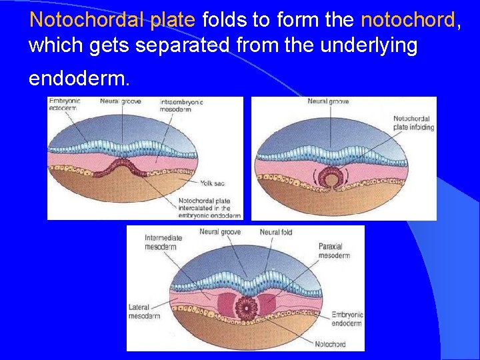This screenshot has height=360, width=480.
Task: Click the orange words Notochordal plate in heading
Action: click(112, 19)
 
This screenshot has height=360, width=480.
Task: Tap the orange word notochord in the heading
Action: click(407, 19)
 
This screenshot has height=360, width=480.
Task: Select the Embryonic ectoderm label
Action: click(63, 105)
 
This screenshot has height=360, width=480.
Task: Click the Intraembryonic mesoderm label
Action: click(181, 105)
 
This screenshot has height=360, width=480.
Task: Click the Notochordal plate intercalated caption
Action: click(209, 208)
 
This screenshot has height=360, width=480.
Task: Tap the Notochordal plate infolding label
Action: click(413, 123)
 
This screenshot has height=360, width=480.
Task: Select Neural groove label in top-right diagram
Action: click(328, 101)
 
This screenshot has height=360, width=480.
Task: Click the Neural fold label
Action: click(276, 232)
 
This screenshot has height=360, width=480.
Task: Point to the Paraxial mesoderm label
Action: click(334, 251)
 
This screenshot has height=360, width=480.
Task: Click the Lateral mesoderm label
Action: click(143, 311)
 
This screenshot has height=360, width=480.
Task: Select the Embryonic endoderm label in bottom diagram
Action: click(347, 318)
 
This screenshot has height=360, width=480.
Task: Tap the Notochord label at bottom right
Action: click(331, 344)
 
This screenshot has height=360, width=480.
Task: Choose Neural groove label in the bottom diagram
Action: click(220, 232)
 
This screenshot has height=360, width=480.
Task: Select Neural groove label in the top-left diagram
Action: click(121, 101)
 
